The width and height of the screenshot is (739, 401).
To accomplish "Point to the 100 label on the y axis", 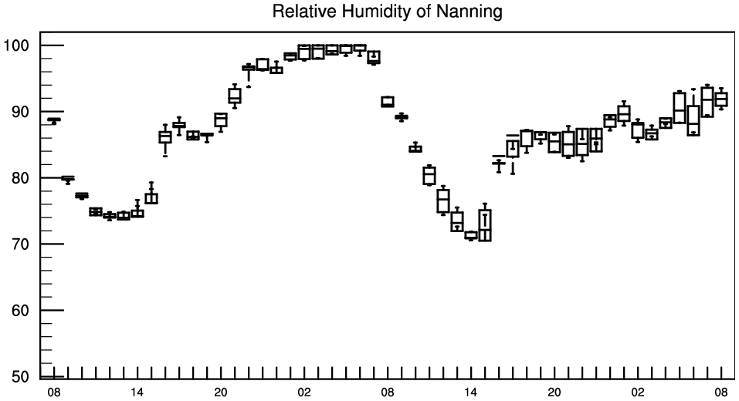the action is click(x=16, y=45).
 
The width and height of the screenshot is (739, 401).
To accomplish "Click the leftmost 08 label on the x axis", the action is click(x=54, y=392).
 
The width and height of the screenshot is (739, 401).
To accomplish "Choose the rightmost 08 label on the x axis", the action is click(x=721, y=392).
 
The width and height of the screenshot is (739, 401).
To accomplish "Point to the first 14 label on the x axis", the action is click(x=137, y=392).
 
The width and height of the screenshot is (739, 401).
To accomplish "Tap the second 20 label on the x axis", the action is click(x=554, y=392).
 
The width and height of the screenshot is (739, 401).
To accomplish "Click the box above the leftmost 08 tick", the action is click(x=54, y=120).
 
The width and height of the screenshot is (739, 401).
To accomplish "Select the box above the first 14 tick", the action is click(x=137, y=213).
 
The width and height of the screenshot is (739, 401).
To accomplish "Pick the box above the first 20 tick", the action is click(x=221, y=120).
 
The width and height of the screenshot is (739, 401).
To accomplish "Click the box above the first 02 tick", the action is click(x=304, y=52).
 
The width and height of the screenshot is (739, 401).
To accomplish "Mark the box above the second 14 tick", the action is click(x=471, y=235).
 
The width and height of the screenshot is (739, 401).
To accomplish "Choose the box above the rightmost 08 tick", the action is click(x=721, y=99).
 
